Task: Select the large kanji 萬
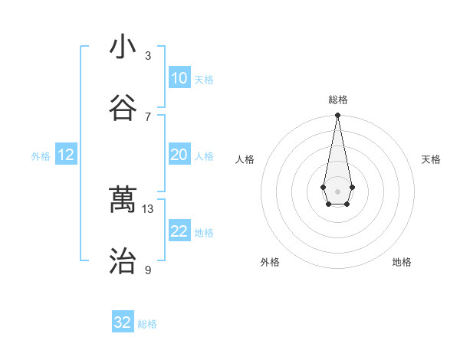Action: tap(123, 200)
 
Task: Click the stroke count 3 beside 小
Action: tap(148, 56)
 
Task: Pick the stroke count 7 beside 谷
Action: tap(148, 116)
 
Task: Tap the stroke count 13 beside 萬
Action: tap(148, 208)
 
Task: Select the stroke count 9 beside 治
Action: tap(148, 270)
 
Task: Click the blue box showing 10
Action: tap(179, 78)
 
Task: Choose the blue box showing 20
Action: tap(179, 155)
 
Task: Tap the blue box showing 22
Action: tap(179, 231)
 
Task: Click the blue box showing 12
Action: tap(66, 155)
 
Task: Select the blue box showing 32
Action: tap(123, 322)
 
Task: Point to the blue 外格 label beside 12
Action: tap(41, 156)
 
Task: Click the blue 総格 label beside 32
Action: tap(147, 324)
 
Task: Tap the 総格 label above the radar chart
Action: tap(337, 100)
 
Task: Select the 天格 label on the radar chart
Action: tap(431, 159)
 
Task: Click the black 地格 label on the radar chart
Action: tap(402, 262)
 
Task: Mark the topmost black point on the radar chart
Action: tap(337, 115)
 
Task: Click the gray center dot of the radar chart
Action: tap(337, 190)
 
